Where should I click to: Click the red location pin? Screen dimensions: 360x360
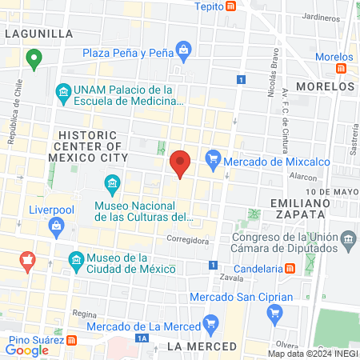[x=181, y=162]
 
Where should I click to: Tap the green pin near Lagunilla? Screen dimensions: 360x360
[x=34, y=58]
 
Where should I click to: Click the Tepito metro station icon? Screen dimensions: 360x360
[x=230, y=6]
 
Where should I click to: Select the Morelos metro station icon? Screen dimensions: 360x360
[x=342, y=69]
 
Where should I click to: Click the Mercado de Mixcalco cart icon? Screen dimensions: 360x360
[x=212, y=160]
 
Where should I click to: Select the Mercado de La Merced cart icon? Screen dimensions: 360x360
[x=211, y=323]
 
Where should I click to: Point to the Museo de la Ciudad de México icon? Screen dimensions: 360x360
[x=75, y=261]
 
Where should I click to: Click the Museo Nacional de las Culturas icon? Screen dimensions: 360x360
[x=112, y=187]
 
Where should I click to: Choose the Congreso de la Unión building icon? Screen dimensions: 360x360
[x=348, y=240]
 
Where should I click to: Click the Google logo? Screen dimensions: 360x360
[x=27, y=350]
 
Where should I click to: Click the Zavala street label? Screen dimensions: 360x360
[x=230, y=278]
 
